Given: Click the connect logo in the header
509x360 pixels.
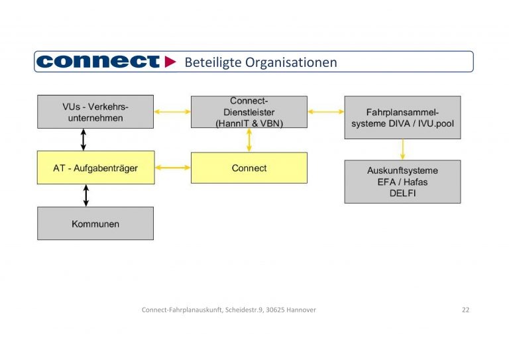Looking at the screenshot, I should [98, 62].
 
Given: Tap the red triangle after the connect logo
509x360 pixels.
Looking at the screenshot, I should [170, 62].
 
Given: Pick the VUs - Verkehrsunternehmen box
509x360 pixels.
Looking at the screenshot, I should [95, 112].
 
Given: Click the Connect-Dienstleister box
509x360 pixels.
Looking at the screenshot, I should [249, 111].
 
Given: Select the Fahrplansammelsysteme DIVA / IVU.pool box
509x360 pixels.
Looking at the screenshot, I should [402, 117].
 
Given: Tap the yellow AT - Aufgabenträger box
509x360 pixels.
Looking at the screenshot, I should [95, 168].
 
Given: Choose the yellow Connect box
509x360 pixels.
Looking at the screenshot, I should [249, 168].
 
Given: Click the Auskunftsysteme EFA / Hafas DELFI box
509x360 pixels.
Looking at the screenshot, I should [402, 181].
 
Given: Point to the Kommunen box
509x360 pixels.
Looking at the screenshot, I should [95, 223].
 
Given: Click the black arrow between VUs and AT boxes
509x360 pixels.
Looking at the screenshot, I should [84, 140].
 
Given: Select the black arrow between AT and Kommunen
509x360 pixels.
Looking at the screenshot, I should [85, 195].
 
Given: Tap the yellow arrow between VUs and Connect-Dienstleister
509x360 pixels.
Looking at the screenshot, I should [172, 111].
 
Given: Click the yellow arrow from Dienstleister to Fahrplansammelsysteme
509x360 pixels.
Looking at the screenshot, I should [325, 111].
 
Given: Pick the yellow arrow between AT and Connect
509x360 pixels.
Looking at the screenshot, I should [172, 168].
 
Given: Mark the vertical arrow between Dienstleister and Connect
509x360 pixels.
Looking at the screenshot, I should [249, 140].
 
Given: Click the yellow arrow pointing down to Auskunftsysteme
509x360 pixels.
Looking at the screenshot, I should [402, 149].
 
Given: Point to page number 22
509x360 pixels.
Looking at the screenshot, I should [465, 310].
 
